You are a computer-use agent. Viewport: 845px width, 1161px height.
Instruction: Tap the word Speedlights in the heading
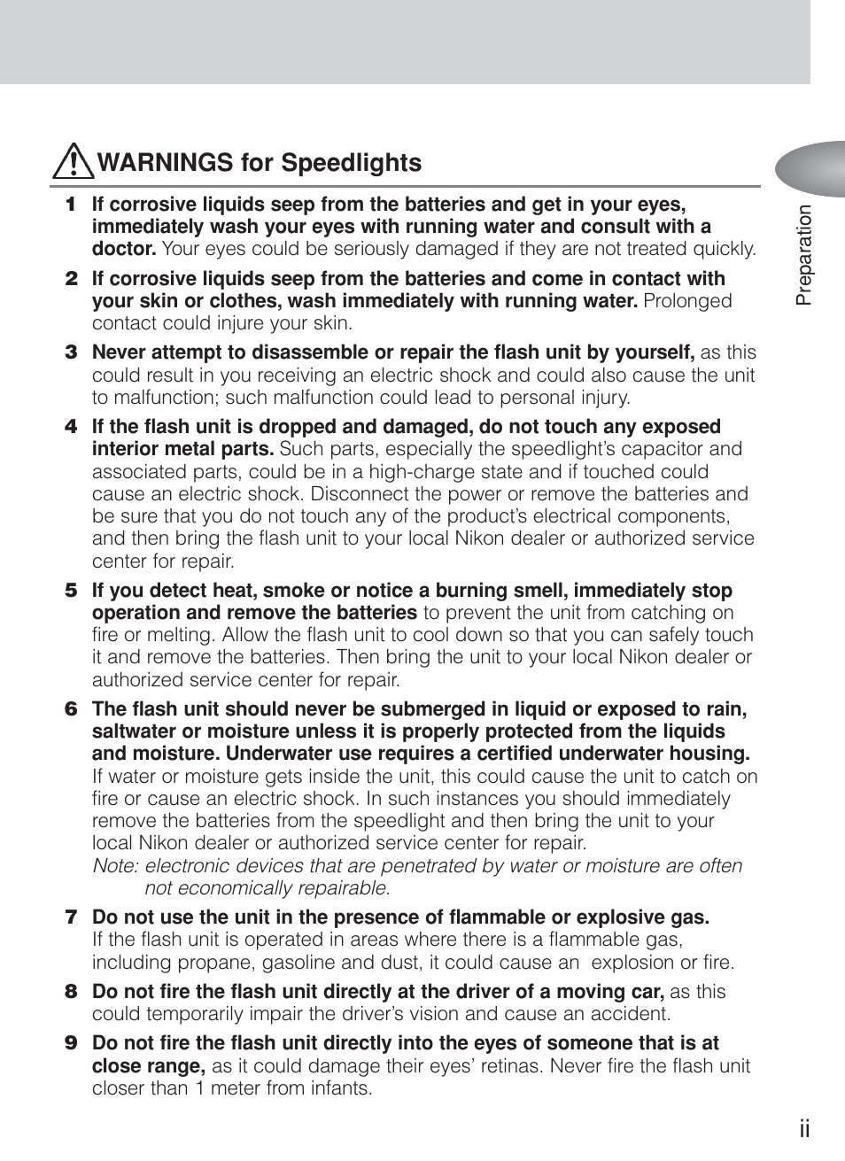coord(351,164)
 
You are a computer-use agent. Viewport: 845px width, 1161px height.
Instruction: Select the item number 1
coord(71,205)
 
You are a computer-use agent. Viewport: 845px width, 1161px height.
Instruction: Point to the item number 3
coord(71,352)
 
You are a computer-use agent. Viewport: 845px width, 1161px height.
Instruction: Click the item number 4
coord(71,427)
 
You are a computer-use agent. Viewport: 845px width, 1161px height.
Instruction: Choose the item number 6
coord(71,709)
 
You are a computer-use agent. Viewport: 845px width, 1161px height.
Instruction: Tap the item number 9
coord(71,1043)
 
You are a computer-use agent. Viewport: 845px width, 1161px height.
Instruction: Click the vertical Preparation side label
coord(803,256)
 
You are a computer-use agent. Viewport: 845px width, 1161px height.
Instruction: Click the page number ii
coord(803,1128)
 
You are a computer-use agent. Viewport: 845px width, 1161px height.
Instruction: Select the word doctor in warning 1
coord(123,249)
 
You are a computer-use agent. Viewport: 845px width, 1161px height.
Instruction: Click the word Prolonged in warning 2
coord(687,301)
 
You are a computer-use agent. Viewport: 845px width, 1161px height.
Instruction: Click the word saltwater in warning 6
coord(134,731)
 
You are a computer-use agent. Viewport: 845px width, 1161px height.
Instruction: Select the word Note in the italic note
coord(113,866)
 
